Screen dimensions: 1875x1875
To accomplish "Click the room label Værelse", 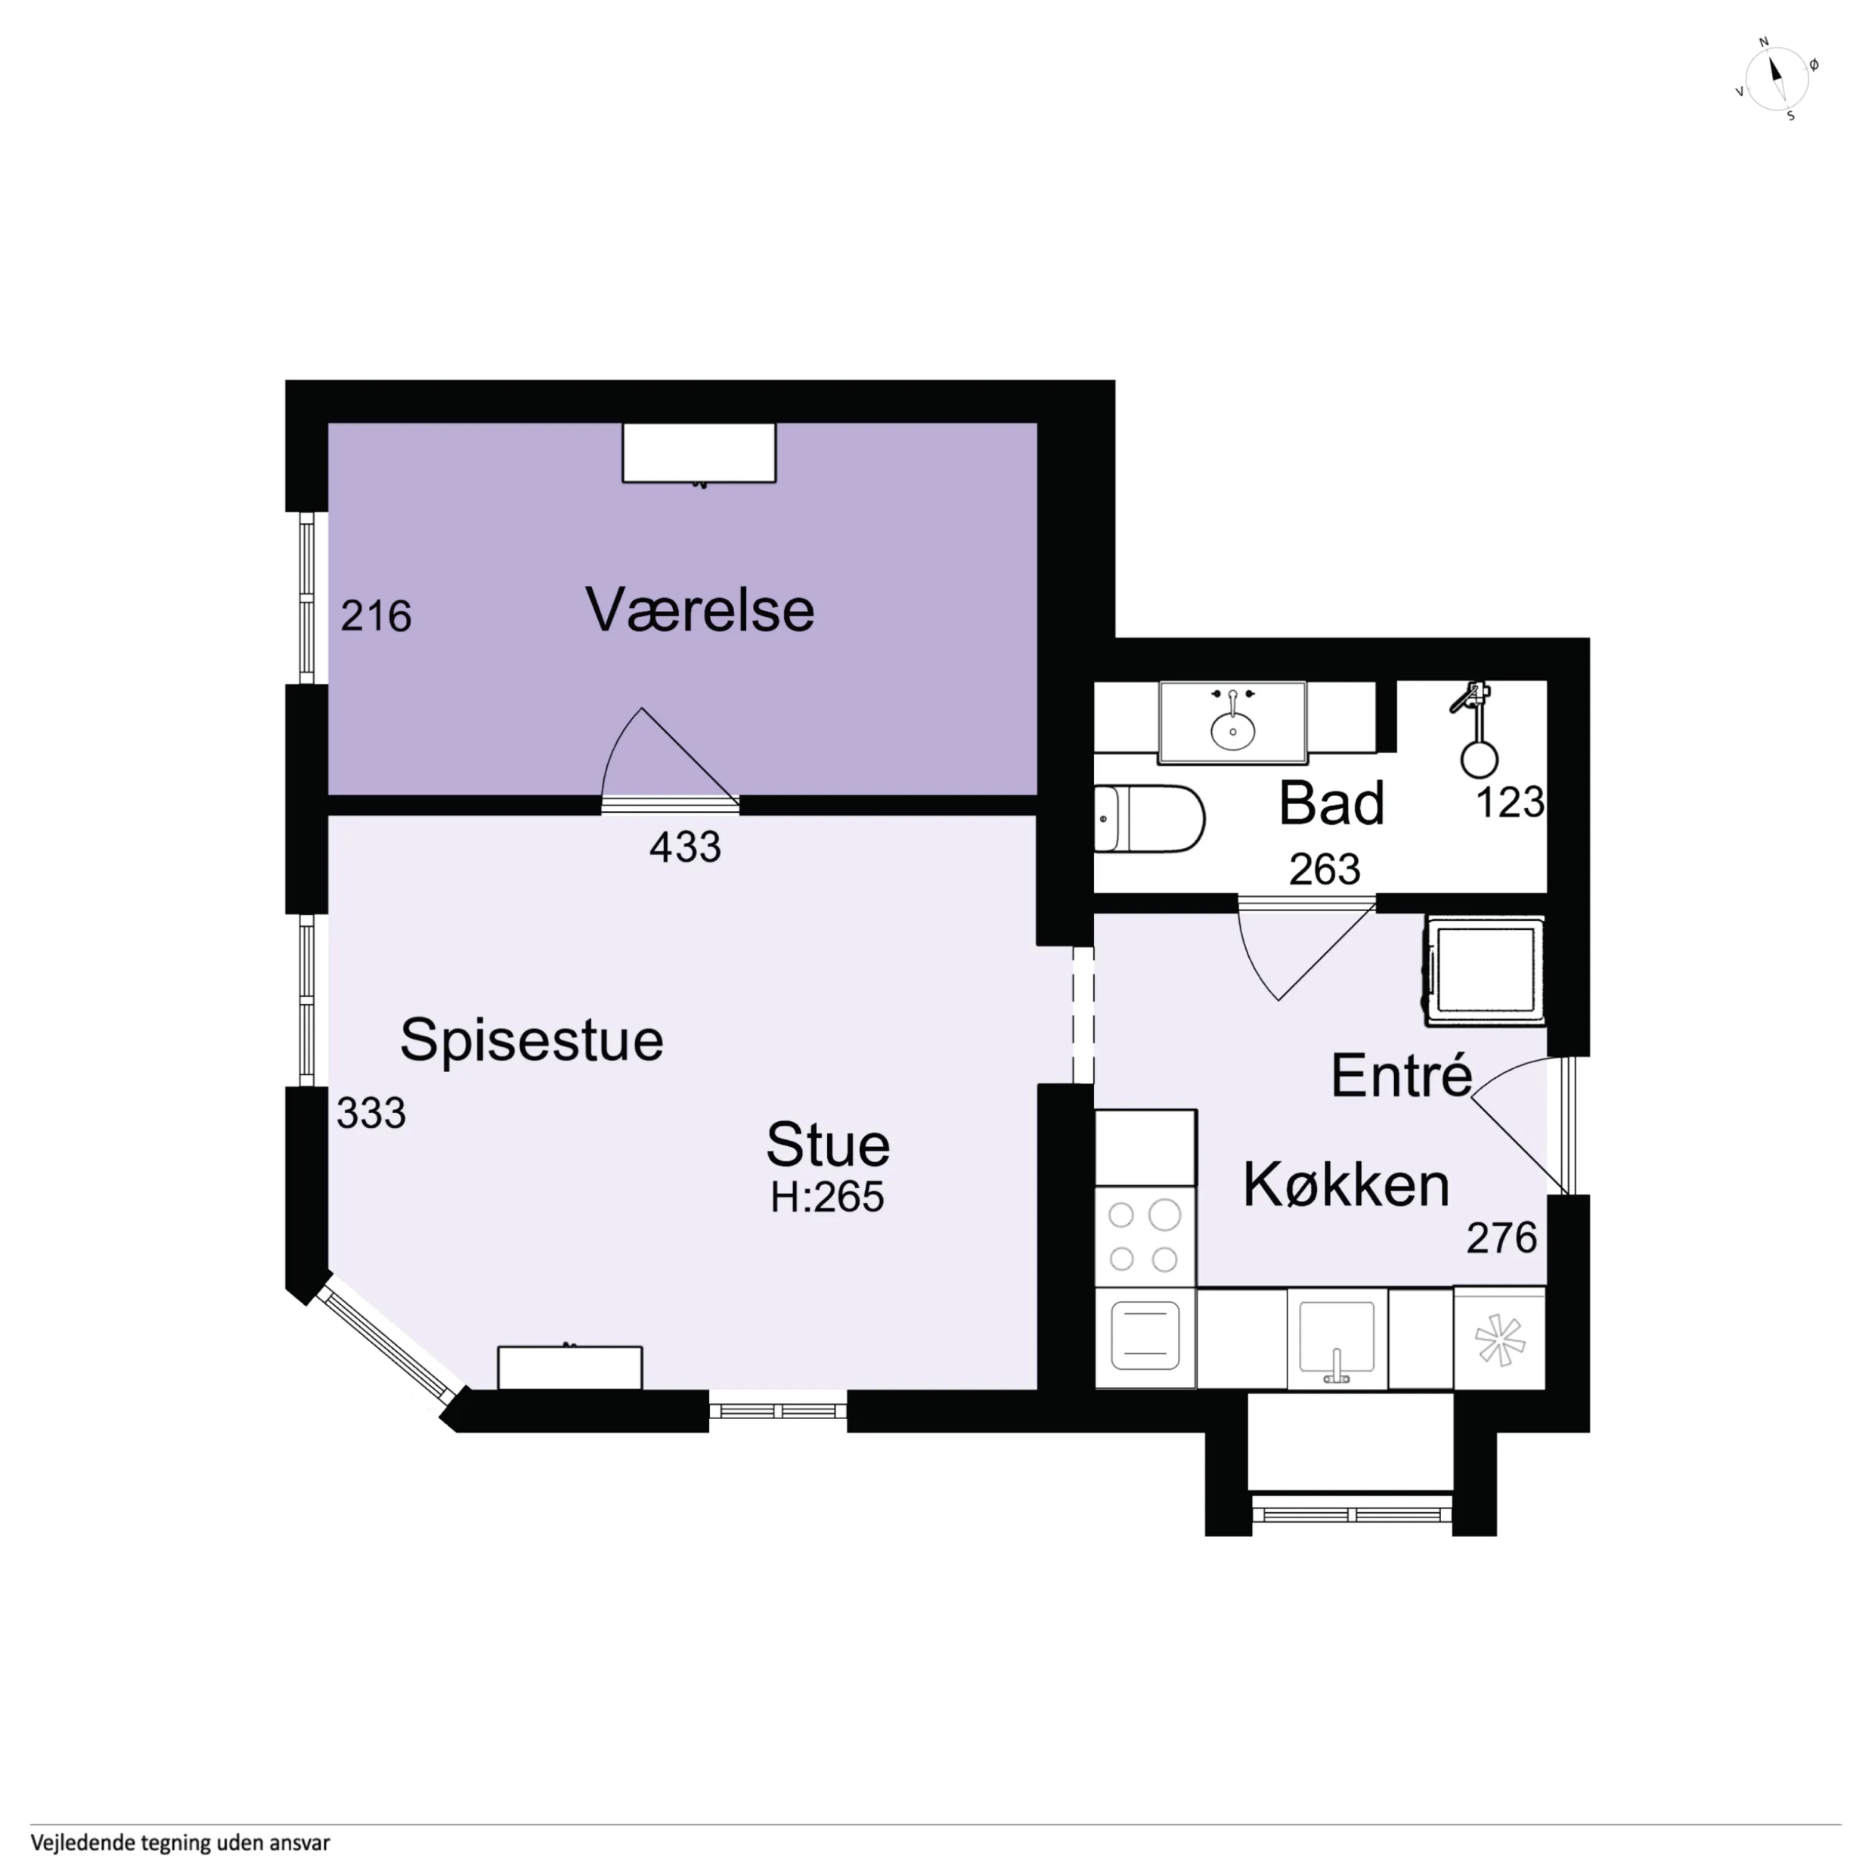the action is click(x=700, y=609).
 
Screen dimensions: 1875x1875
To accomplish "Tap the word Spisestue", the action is click(x=532, y=1041).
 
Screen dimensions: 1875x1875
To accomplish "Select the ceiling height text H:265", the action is click(x=827, y=1197).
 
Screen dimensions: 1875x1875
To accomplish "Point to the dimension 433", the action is click(x=685, y=848).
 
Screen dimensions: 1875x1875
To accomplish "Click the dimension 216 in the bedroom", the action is click(x=376, y=616).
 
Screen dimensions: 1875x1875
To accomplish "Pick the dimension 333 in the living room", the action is click(x=370, y=1113).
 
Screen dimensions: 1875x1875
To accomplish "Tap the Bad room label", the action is click(x=1331, y=804).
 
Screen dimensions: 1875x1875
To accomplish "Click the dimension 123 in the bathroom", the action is click(x=1509, y=803).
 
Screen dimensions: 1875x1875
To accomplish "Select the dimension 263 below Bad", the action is click(x=1325, y=869).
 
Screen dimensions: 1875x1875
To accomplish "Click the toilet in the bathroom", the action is click(x=1149, y=818).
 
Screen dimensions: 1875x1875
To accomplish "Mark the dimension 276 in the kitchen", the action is click(x=1502, y=1238).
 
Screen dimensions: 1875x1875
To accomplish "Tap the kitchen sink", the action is click(x=1337, y=1338).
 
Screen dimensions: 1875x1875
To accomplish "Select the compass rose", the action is click(x=1777, y=79).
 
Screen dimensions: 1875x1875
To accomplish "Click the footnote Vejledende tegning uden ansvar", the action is click(x=181, y=1842).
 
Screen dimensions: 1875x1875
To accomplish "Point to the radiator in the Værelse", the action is click(x=699, y=453).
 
